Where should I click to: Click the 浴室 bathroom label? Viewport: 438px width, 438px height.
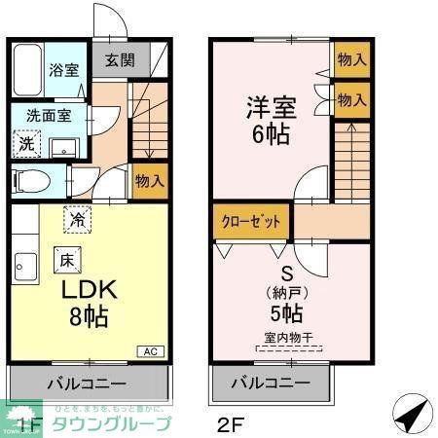click(x=64, y=69)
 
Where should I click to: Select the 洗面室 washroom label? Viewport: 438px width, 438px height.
click(x=47, y=114)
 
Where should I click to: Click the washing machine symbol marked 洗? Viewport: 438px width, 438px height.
click(x=28, y=143)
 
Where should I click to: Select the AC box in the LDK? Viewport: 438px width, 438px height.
click(x=152, y=351)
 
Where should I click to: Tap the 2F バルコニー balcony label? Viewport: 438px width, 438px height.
click(x=270, y=382)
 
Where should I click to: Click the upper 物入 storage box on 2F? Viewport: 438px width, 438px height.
click(x=351, y=59)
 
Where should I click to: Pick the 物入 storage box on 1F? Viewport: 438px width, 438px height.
click(x=149, y=181)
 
